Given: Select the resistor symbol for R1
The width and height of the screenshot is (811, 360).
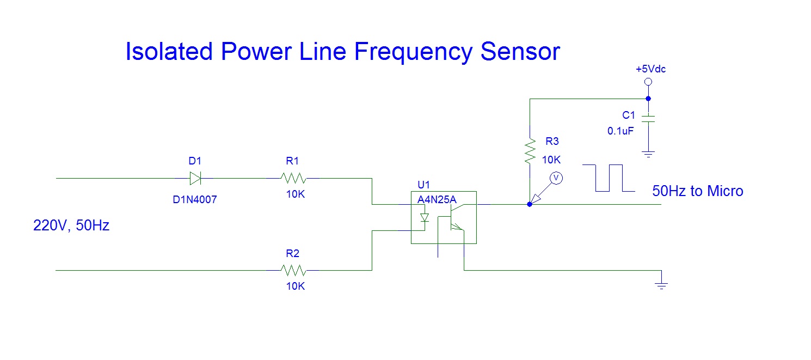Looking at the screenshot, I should (294, 178).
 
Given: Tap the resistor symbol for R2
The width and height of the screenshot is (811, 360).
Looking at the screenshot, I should (294, 270).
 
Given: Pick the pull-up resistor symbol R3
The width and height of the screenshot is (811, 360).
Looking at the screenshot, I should (530, 151).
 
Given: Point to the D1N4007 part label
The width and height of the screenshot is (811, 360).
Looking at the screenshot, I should (195, 200).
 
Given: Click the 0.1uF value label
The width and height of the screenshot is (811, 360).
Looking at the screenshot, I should (620, 131).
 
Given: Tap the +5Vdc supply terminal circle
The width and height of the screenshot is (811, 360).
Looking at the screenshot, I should (648, 82).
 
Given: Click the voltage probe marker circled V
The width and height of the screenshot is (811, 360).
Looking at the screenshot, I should (556, 178).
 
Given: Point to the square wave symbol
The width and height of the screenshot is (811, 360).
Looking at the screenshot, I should (609, 178).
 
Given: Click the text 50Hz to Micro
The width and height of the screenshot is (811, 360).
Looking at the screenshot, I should (697, 191).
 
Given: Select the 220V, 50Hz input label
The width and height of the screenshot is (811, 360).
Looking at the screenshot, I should (71, 225).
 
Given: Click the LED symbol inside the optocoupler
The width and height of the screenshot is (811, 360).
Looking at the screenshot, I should (425, 218).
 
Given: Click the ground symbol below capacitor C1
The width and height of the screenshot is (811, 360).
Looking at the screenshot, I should (648, 154).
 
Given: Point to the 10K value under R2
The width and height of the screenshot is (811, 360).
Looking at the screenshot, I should (296, 286).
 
